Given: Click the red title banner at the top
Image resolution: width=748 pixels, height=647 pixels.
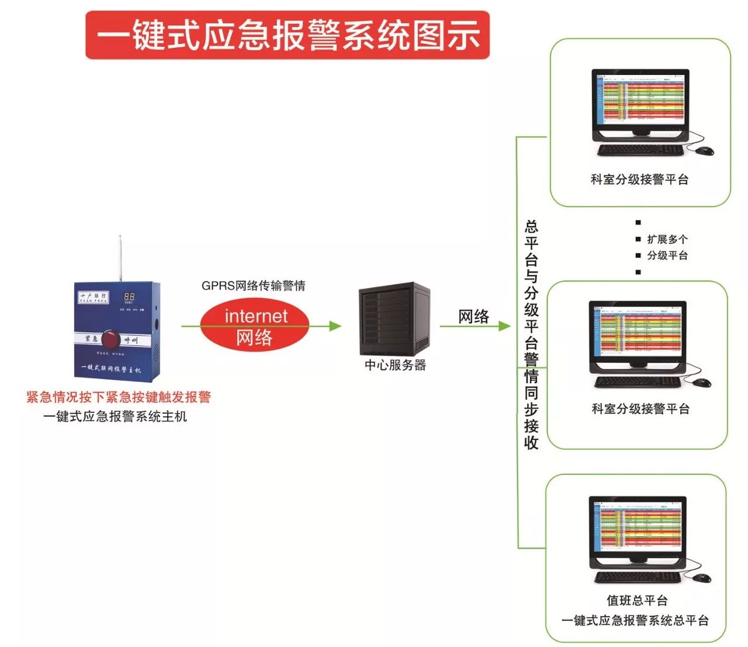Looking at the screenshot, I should click(287, 35).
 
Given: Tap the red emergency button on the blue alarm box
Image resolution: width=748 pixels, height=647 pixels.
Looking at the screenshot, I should click(110, 339).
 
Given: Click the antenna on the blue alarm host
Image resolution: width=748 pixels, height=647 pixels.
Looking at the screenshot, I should click(120, 257).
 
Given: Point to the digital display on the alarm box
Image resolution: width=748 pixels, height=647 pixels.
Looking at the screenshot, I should click(129, 297).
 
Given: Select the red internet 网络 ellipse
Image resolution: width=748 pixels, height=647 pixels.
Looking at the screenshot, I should click(255, 326).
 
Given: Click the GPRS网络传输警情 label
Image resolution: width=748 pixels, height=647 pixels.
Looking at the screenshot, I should click(254, 285).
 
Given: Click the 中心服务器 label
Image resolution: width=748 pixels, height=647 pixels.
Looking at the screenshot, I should click(395, 365).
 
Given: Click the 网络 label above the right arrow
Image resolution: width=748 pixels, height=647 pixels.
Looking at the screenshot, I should click(473, 316).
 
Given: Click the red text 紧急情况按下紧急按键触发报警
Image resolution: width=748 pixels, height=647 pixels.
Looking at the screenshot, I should click(119, 397).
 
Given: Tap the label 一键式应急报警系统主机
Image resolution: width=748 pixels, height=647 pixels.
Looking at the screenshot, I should click(115, 417).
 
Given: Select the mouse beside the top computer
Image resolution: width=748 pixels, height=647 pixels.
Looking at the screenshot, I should click(705, 151).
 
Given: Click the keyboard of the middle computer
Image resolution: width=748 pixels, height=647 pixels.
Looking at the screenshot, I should click(638, 382).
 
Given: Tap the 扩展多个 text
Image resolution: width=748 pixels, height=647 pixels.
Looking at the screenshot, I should click(667, 239).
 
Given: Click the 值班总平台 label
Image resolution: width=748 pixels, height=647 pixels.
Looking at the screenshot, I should click(637, 600).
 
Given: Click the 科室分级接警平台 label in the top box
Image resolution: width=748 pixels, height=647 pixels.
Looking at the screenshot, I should click(639, 180).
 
